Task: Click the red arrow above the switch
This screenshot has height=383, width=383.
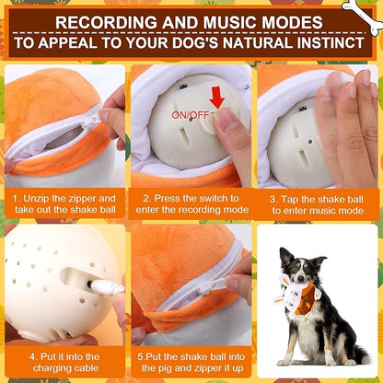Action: click(x=215, y=96)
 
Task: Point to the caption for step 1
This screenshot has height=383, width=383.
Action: click(x=64, y=203)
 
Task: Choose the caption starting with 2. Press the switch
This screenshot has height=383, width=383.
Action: click(x=191, y=203)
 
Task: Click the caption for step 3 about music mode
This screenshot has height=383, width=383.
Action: click(x=318, y=203)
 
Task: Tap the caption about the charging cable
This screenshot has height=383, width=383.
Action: click(x=64, y=361)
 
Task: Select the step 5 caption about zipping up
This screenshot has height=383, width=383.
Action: click(x=191, y=361)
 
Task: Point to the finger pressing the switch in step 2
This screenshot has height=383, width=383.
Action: click(x=226, y=121)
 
